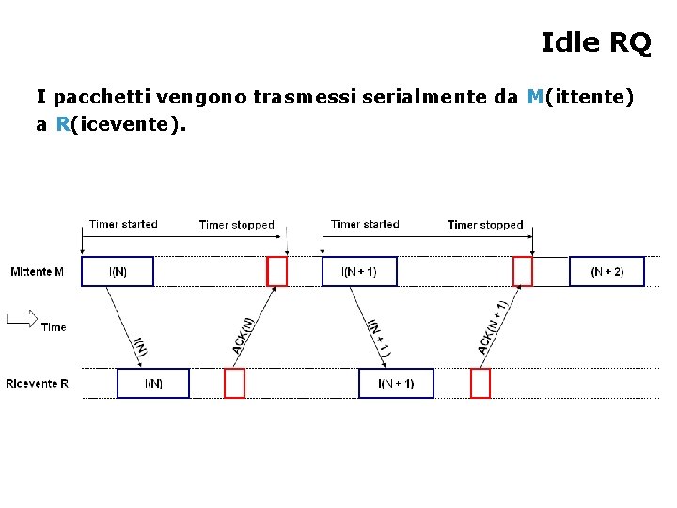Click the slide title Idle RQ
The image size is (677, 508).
coord(595,42)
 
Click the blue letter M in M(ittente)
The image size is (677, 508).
coord(535,96)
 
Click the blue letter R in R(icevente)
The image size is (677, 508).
coord(63,124)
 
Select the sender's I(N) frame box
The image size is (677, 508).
coord(118,272)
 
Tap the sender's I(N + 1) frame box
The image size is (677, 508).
coord(358,272)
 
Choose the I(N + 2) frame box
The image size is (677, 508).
coord(606,272)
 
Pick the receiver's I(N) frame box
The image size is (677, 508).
coord(152,384)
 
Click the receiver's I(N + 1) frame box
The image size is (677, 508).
coord(396,384)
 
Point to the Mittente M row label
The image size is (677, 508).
coord(38,273)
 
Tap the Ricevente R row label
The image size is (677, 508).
coord(37,384)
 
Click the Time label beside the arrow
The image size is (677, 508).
coord(54,327)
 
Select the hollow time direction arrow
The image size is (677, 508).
coord(22,319)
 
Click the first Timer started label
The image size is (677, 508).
coord(123,224)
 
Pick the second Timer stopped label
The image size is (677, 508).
coord(485,225)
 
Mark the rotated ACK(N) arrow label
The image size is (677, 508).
coord(243,336)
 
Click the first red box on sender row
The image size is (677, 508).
coord(276,272)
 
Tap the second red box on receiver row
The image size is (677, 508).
coord(480,384)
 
